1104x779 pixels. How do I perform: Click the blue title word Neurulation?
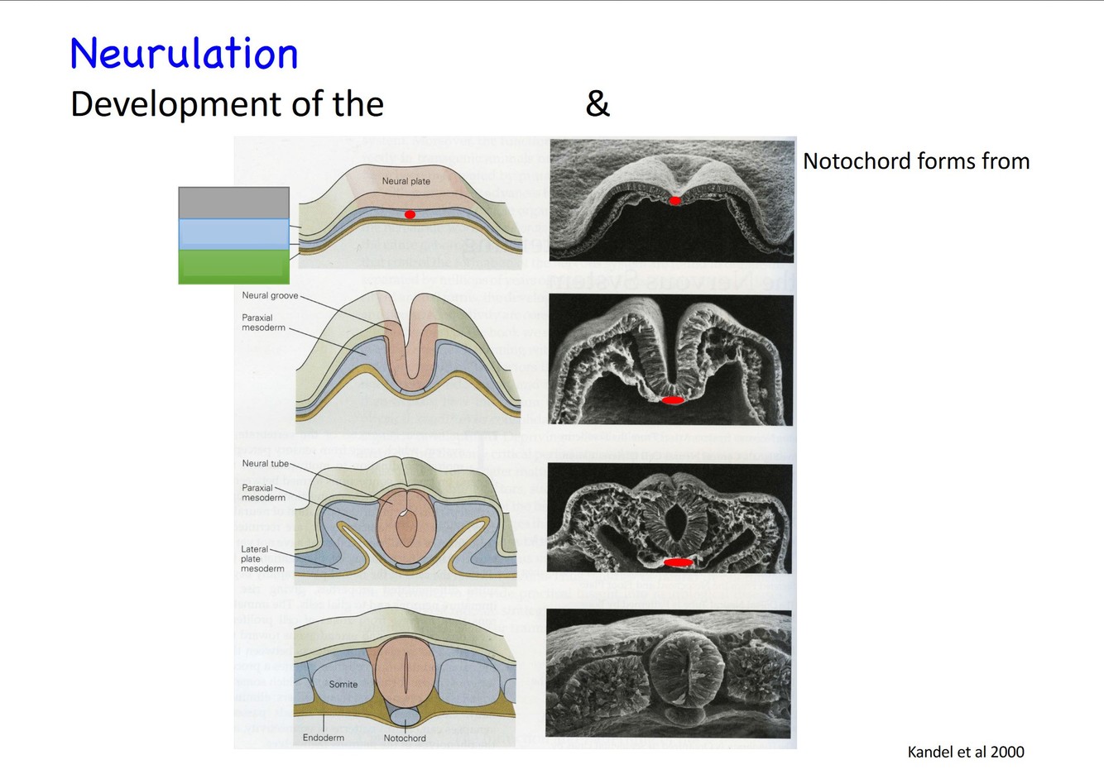(x=184, y=54)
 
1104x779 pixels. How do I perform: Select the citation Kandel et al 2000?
(x=966, y=752)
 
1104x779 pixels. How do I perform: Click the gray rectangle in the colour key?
(x=233, y=203)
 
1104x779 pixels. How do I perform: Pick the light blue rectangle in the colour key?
(x=233, y=233)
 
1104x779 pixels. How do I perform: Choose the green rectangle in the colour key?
(x=233, y=266)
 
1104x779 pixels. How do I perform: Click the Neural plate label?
(x=406, y=181)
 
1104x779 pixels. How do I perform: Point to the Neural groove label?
(x=270, y=295)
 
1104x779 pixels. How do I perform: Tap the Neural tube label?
(x=265, y=463)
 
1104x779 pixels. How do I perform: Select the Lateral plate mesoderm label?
(x=262, y=559)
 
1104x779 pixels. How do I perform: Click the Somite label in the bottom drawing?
(x=343, y=684)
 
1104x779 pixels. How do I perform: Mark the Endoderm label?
(x=323, y=738)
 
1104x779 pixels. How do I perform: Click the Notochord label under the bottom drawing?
(x=405, y=738)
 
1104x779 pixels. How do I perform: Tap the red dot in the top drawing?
(x=410, y=214)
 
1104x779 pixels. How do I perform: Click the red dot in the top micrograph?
(x=675, y=200)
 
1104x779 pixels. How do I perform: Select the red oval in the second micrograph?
(x=673, y=400)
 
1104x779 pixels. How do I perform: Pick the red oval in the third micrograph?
(x=679, y=562)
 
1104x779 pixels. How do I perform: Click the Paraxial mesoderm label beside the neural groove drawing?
(x=263, y=323)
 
